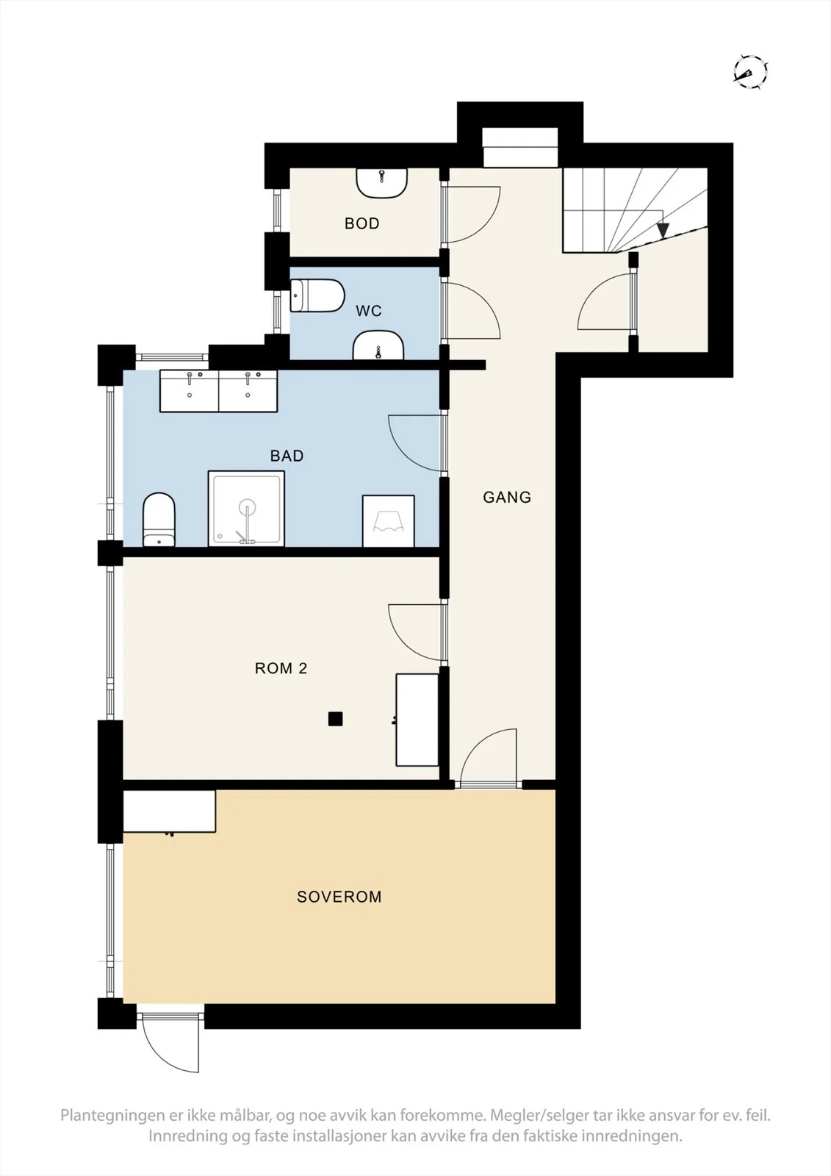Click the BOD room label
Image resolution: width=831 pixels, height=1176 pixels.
click(361, 223)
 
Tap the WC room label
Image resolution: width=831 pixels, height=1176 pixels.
click(369, 311)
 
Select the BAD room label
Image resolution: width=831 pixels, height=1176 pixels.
click(287, 456)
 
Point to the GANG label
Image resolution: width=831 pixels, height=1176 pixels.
click(506, 497)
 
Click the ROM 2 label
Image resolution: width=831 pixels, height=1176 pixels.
click(281, 668)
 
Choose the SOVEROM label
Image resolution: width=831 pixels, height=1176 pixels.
click(339, 896)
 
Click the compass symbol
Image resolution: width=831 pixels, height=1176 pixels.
click(750, 71)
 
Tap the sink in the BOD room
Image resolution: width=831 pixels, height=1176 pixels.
click(381, 183)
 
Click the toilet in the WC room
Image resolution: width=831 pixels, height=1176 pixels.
click(317, 295)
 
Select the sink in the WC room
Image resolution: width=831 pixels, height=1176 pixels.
click(378, 345)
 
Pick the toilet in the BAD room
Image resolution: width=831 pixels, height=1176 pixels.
click(159, 519)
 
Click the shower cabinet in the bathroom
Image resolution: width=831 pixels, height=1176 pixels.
click(246, 508)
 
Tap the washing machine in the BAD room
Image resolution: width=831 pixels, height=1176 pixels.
click(389, 521)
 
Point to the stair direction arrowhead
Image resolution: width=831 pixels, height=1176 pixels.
click(663, 230)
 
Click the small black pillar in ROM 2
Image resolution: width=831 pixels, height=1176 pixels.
click(336, 719)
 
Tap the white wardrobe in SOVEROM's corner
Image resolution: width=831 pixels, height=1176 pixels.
click(170, 811)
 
